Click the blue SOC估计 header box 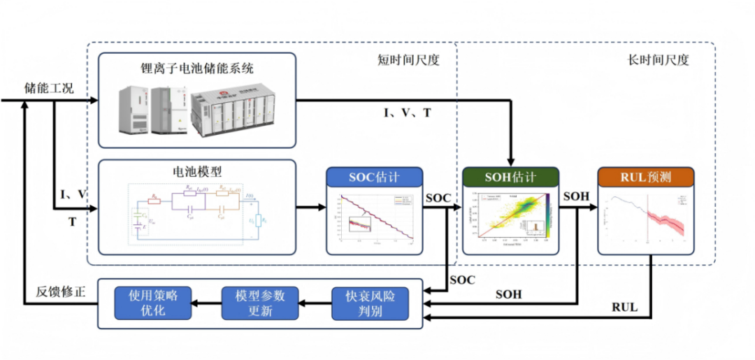[374, 178]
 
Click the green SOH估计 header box [511, 178]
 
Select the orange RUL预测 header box [646, 178]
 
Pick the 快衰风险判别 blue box [368, 303]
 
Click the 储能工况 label [49, 88]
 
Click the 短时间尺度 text [408, 60]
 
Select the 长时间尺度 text [659, 60]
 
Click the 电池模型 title [196, 171]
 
